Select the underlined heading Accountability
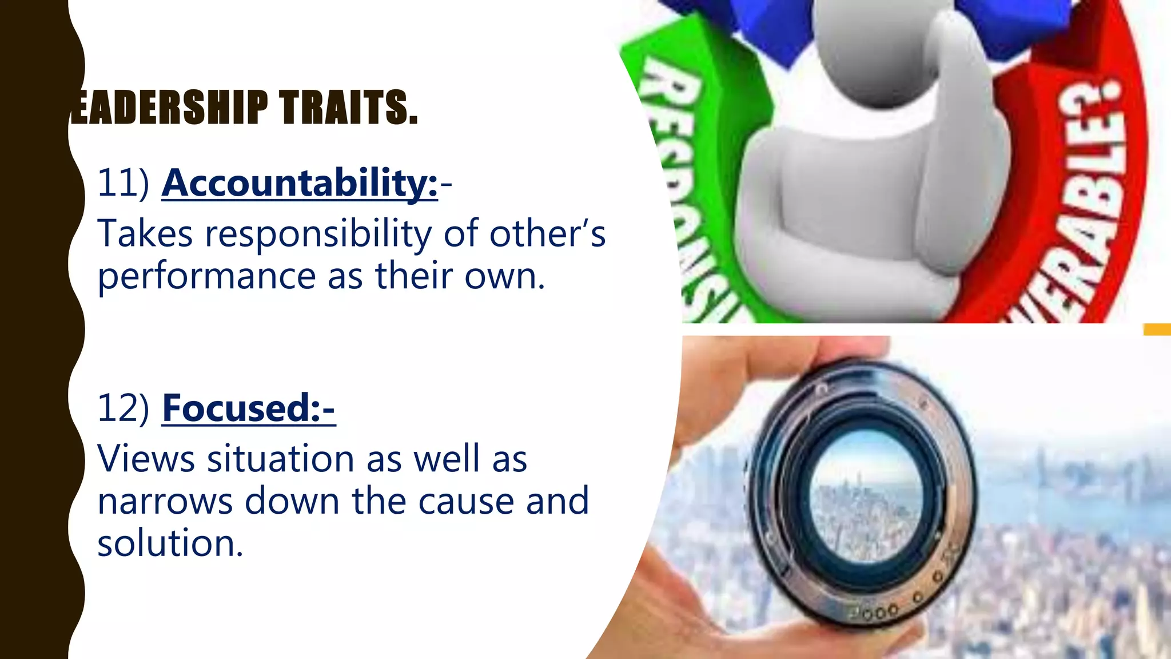(x=300, y=183)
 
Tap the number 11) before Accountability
(x=123, y=183)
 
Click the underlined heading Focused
(x=248, y=408)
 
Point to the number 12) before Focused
(x=123, y=408)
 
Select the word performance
(x=206, y=277)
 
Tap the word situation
(x=280, y=459)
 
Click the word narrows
(x=165, y=502)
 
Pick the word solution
(x=170, y=543)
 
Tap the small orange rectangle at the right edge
(x=1157, y=329)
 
